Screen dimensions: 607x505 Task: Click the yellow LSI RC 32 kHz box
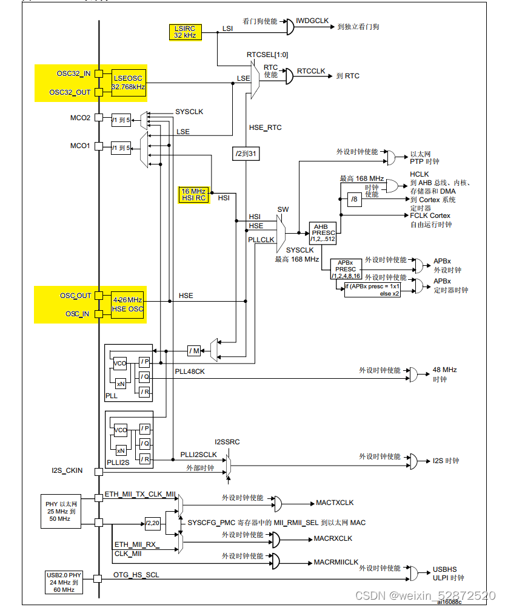pos(185,32)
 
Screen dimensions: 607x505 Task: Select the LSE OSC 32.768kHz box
pos(129,82)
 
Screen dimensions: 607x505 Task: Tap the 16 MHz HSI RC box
pos(194,194)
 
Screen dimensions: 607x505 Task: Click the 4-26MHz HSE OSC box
pos(128,304)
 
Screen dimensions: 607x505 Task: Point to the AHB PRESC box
pos(324,233)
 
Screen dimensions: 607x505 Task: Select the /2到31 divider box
pos(246,154)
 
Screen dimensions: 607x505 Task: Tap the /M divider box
pos(194,350)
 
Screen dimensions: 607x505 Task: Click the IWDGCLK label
pos(312,21)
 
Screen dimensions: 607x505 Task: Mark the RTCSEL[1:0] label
pos(267,55)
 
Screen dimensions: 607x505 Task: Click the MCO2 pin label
pos(80,118)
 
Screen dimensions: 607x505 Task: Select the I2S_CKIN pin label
pos(67,470)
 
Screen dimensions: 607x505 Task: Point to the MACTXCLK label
pos(335,503)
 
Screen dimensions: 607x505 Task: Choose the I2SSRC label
pos(227,442)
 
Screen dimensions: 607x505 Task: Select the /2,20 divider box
pos(152,522)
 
